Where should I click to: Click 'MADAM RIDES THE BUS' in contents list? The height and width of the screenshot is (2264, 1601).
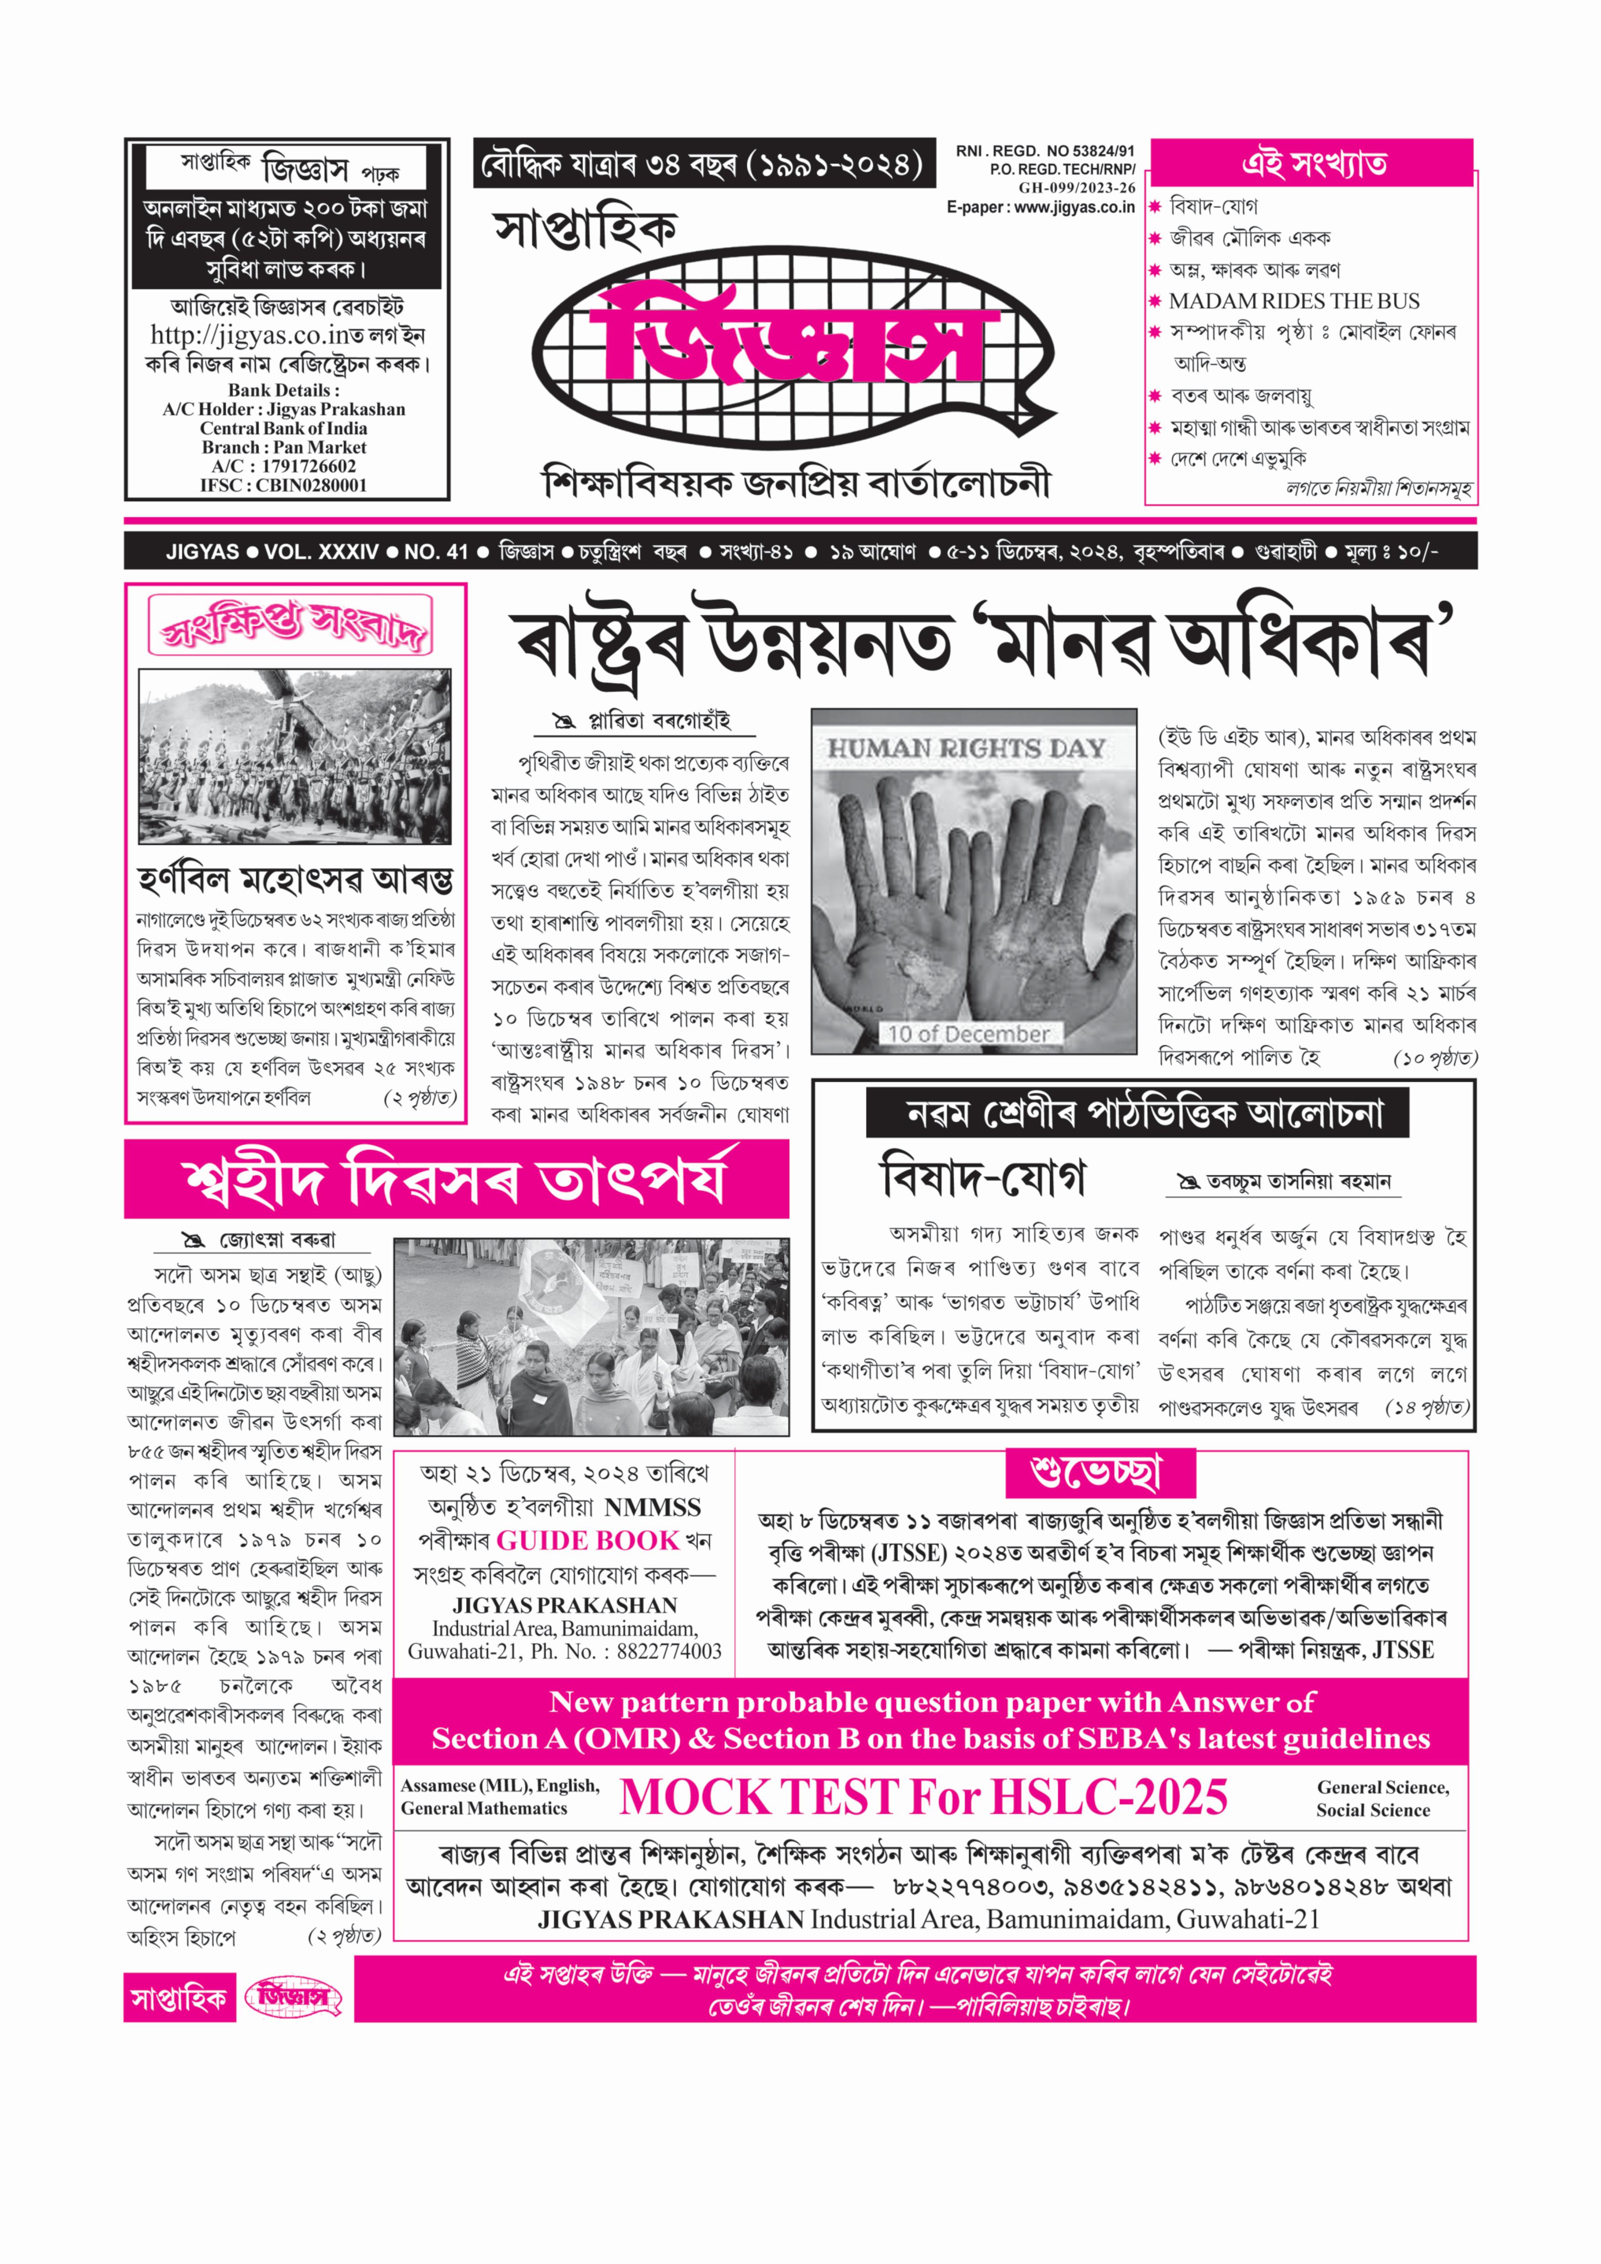pyautogui.click(x=1293, y=302)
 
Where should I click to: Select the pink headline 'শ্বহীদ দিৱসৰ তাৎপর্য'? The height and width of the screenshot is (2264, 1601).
pyautogui.click(x=455, y=1179)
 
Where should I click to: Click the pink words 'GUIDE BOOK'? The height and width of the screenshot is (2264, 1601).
pyautogui.click(x=587, y=1540)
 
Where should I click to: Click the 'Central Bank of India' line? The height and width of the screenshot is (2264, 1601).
pyautogui.click(x=284, y=428)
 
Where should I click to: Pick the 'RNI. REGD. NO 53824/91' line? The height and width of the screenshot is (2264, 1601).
pyautogui.click(x=1045, y=151)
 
